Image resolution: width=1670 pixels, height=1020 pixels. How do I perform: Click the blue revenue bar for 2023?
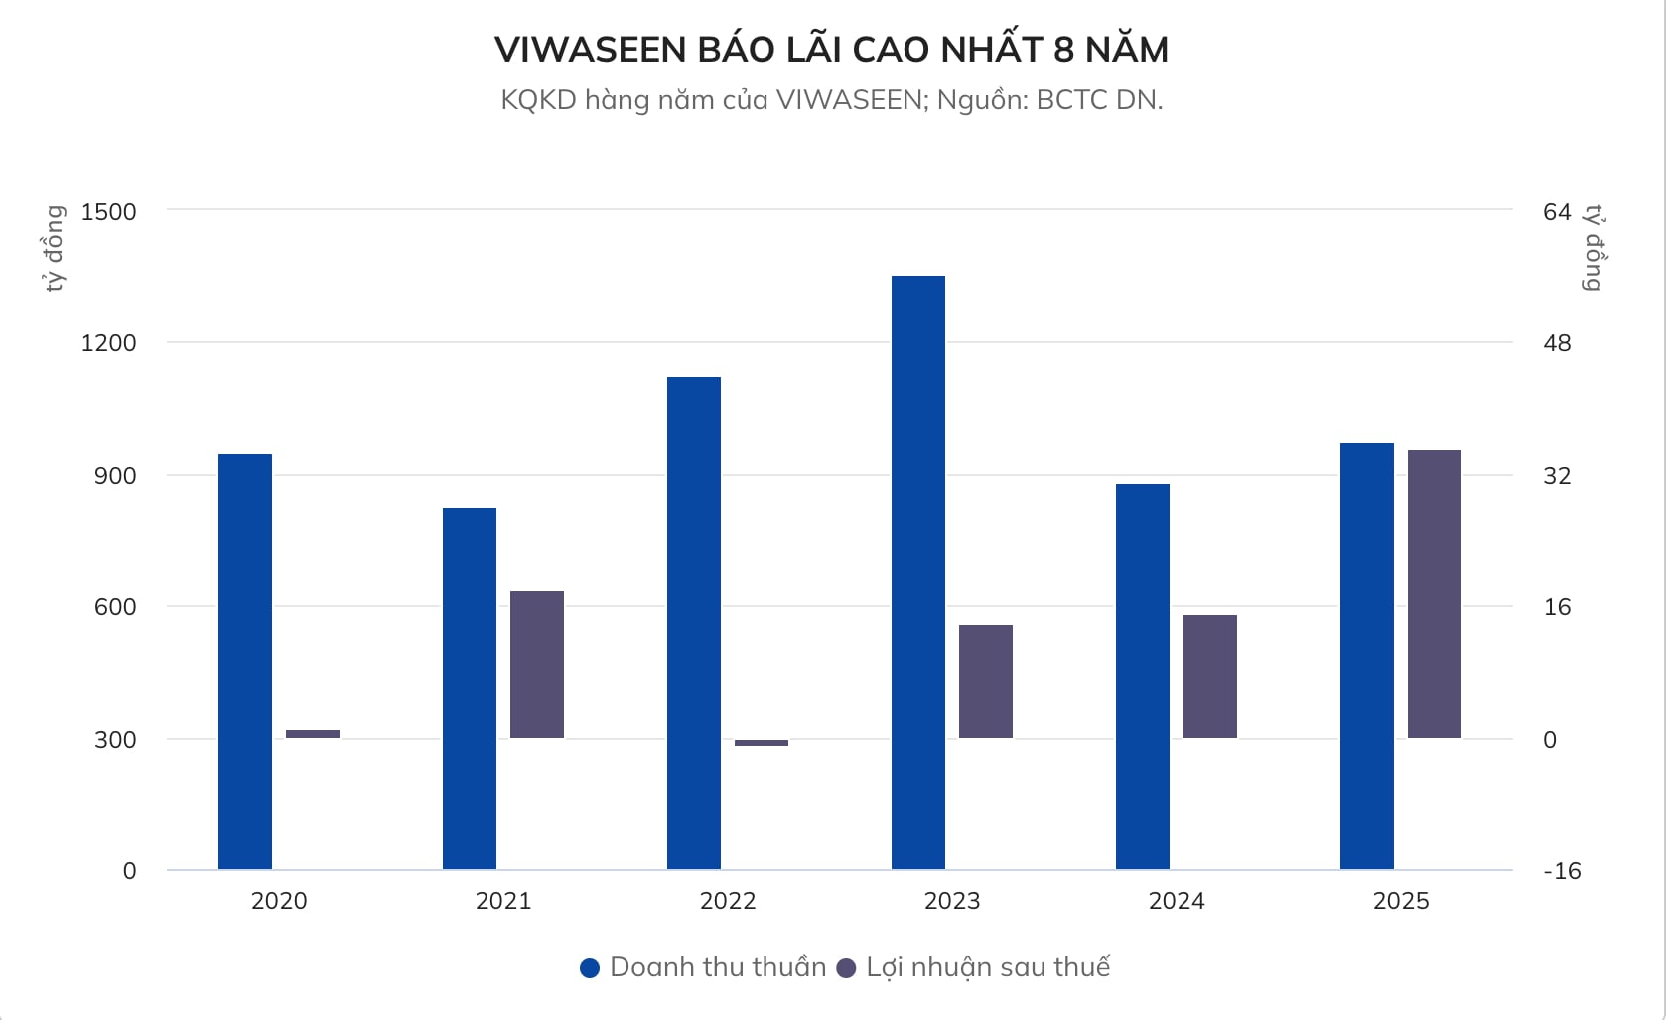[x=917, y=573]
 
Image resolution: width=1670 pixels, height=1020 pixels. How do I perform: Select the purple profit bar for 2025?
[x=1434, y=594]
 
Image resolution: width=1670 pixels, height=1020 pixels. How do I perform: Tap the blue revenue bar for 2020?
[x=245, y=662]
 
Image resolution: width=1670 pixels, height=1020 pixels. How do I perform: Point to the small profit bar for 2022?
[x=762, y=743]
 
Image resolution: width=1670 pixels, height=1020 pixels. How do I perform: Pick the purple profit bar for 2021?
[x=537, y=665]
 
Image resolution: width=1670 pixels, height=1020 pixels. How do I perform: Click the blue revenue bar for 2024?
[x=1142, y=677]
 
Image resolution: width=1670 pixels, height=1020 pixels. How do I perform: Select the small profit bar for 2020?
[x=313, y=734]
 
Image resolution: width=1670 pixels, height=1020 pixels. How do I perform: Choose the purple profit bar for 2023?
[x=986, y=682]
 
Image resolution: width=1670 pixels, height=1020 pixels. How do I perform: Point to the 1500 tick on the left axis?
[x=109, y=211]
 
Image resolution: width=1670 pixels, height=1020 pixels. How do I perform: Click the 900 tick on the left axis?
[x=115, y=475]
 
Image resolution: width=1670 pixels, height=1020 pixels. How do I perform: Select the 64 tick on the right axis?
[x=1557, y=211]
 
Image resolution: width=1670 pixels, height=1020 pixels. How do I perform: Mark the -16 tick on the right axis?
[x=1561, y=871]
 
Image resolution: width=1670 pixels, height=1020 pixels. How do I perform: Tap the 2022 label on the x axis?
[x=728, y=901]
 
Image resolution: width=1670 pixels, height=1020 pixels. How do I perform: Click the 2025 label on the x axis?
[x=1401, y=901]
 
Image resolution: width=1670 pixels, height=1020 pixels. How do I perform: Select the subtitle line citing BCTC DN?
[x=831, y=100]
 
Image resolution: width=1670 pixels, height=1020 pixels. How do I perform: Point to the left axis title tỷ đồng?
[x=55, y=248]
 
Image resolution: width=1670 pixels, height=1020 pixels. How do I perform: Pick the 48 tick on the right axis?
[x=1557, y=343]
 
